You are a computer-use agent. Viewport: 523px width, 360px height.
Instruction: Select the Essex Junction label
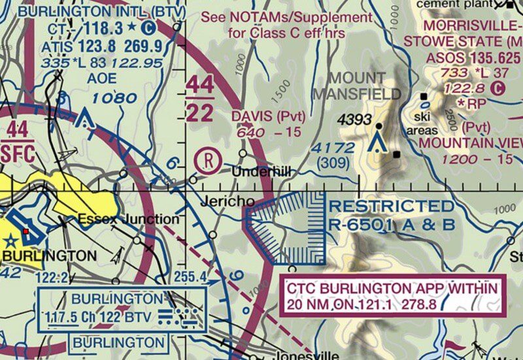(x=128, y=219)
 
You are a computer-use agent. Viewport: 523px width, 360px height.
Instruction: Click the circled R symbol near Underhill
(x=207, y=161)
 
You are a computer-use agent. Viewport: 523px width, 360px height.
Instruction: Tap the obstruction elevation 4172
(x=333, y=148)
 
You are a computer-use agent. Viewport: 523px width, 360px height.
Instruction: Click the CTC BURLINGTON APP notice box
(x=393, y=296)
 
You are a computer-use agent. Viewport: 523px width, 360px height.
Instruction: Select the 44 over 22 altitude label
(x=199, y=98)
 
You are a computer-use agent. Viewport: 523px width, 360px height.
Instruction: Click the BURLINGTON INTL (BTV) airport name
(x=102, y=11)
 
